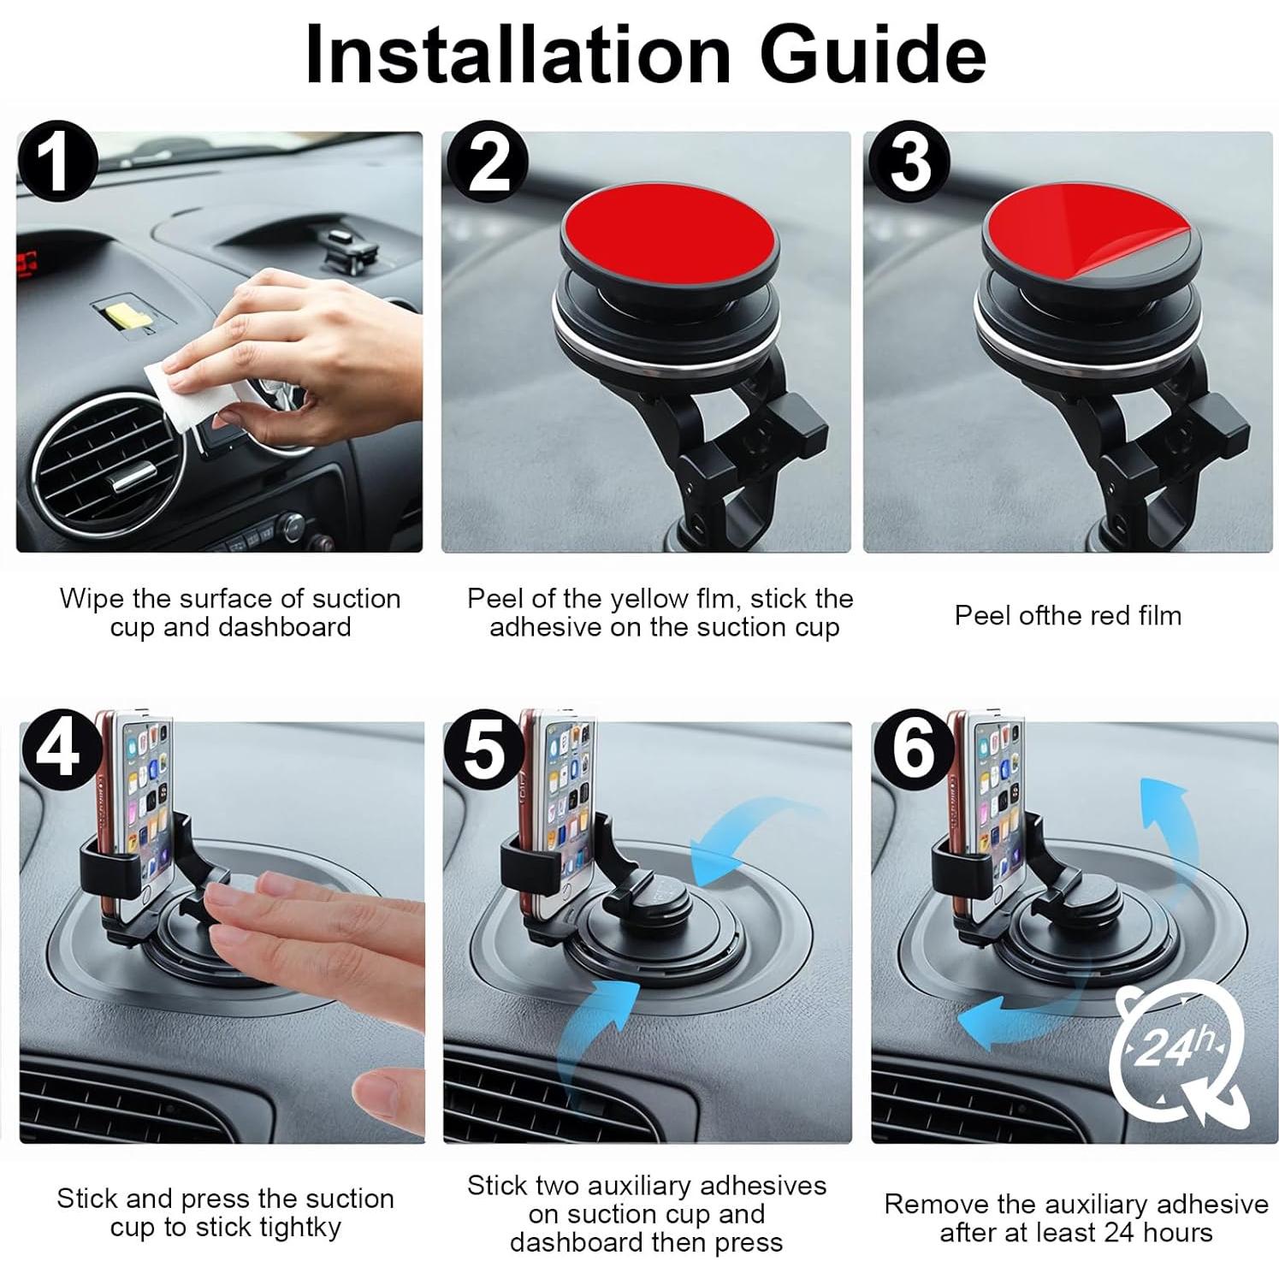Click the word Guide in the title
point(873,54)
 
